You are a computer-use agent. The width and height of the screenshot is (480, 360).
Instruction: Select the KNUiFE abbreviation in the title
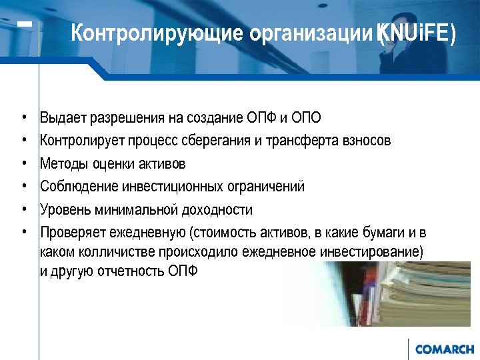(x=417, y=33)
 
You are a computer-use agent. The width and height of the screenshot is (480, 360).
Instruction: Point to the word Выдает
(x=61, y=119)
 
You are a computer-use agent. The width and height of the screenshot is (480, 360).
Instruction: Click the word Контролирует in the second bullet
(x=80, y=141)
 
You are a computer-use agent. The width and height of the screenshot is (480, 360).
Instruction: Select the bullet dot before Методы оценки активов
(x=23, y=163)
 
